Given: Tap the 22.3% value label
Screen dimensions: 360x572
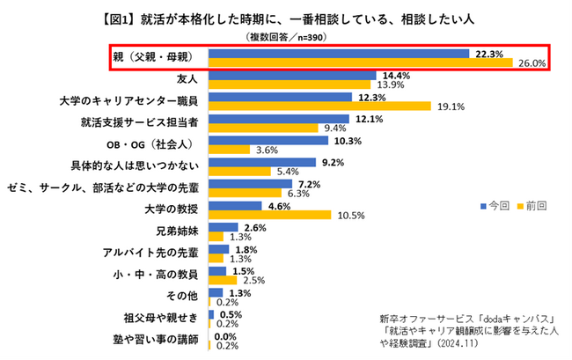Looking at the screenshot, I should (488, 54).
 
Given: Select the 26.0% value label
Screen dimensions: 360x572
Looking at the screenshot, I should (533, 63).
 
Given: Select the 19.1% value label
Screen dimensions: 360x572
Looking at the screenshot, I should (451, 107).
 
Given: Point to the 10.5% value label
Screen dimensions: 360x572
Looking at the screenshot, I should (350, 216).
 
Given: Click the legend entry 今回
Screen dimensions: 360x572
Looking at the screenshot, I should (498, 205).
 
